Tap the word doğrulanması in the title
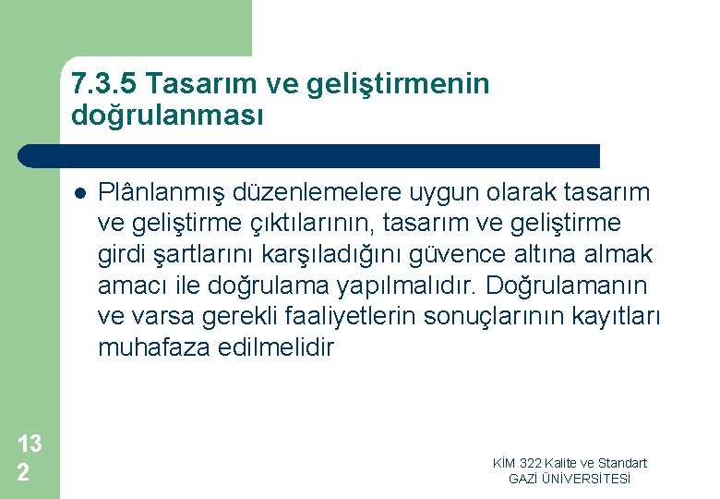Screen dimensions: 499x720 [167, 116]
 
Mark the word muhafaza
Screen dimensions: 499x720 [143, 348]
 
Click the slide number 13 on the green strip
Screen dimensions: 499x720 [30, 444]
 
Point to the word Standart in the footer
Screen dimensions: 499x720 [623, 463]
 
